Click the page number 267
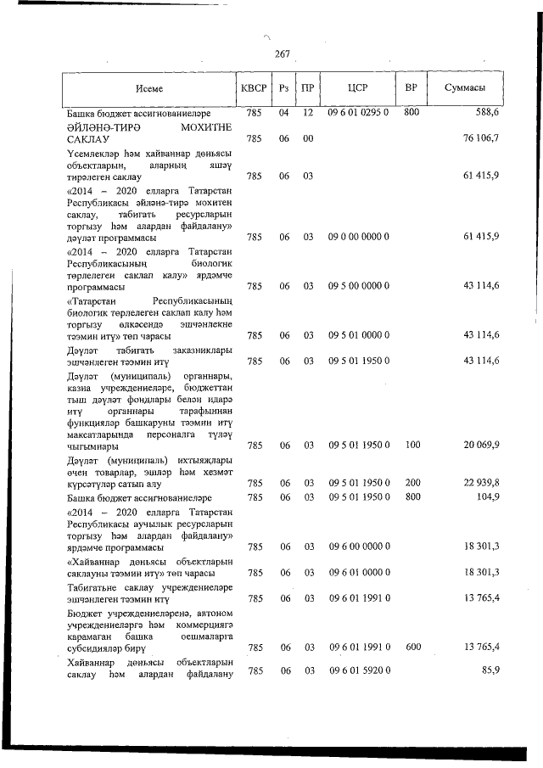coord(283,54)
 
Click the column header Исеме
coord(148,88)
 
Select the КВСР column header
coord(254,88)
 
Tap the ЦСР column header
coord(357,88)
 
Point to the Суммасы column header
coord(466,88)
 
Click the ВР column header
coord(411,88)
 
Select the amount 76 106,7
coord(481,138)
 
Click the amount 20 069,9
coord(481,445)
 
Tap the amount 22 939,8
coord(481,483)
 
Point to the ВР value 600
coord(413,647)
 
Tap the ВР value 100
coord(413,445)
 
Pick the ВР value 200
coord(413,483)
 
